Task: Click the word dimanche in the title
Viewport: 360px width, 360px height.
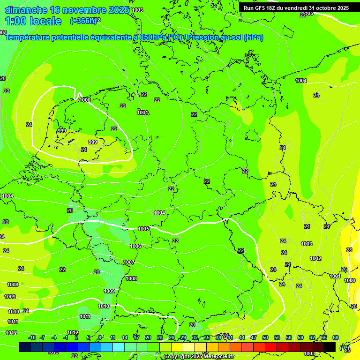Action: click(x=26, y=10)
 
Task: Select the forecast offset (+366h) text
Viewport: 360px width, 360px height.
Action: click(x=83, y=21)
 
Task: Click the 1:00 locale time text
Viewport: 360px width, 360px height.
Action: click(x=33, y=21)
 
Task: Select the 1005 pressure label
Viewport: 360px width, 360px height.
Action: click(x=143, y=229)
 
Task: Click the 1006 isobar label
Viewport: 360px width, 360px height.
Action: click(x=135, y=246)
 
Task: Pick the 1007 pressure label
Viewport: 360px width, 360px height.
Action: click(x=129, y=262)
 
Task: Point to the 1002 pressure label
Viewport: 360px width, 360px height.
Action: click(x=315, y=258)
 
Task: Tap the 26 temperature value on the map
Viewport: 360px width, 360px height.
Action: click(x=344, y=270)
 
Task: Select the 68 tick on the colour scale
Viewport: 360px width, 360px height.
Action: click(x=336, y=337)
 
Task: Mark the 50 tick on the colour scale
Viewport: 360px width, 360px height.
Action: click(x=265, y=337)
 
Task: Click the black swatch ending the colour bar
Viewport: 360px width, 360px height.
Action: click(x=330, y=347)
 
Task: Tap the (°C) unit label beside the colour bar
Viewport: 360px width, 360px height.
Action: click(x=345, y=348)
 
